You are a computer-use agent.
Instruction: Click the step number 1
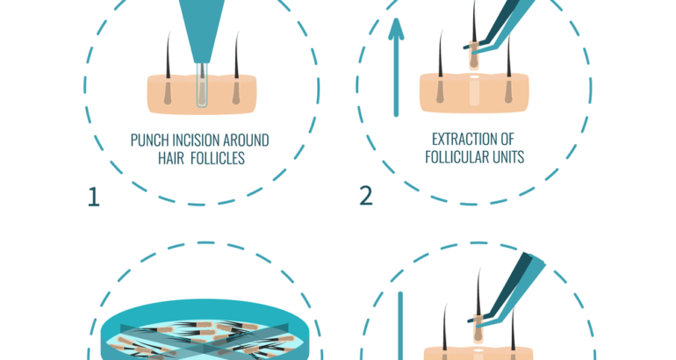[x=94, y=197]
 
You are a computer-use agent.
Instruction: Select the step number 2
[x=366, y=195]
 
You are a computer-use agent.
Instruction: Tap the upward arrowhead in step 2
[x=397, y=31]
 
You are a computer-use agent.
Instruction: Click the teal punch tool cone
[x=201, y=26]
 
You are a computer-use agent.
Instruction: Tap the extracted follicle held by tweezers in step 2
[x=473, y=54]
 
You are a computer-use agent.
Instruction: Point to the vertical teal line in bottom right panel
[x=399, y=325]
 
